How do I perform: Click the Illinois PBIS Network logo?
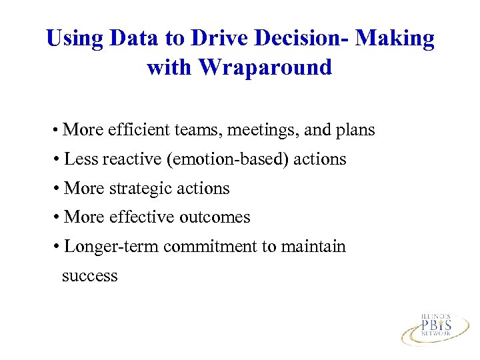click(x=435, y=327)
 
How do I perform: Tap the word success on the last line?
click(x=89, y=276)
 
